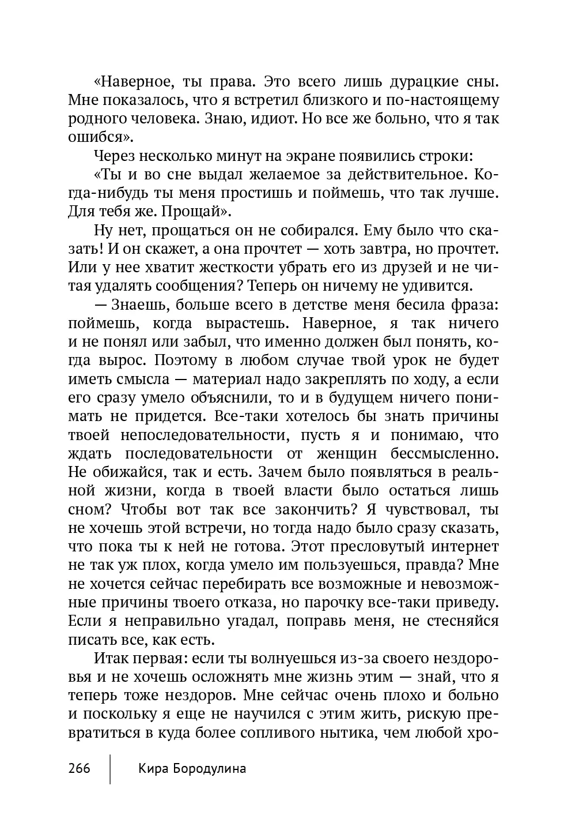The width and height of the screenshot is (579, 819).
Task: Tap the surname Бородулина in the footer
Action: pyautogui.click(x=209, y=769)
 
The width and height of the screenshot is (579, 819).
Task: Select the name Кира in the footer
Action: pyautogui.click(x=153, y=769)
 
